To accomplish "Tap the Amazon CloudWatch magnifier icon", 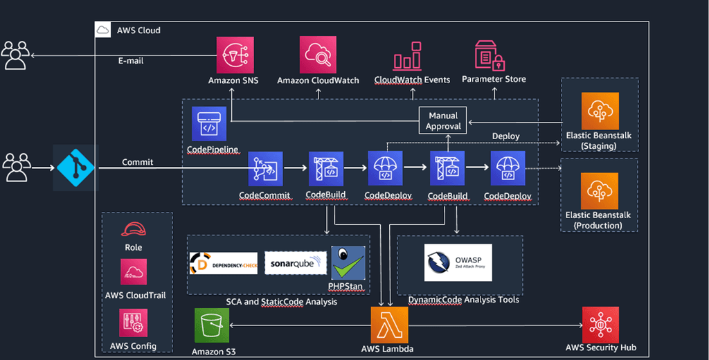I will tap(318, 55).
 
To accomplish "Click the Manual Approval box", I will tap(443, 120).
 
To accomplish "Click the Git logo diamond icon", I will tap(75, 167).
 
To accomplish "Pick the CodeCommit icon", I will tap(265, 168).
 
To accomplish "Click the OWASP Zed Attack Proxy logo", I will tap(458, 262).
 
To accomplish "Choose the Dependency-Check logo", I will tap(223, 263).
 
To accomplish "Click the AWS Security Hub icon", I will tap(600, 324).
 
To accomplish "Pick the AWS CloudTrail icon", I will tap(134, 272).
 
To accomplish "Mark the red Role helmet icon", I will tap(133, 230).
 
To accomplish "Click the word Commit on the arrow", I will tap(138, 163).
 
